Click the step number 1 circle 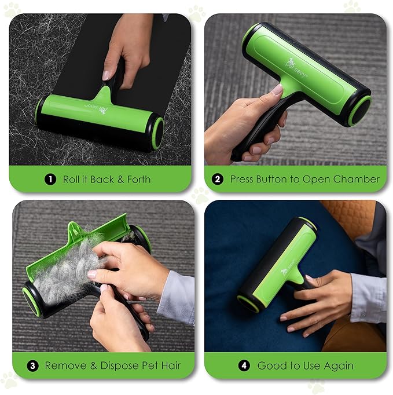[51, 180]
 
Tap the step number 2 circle [218, 180]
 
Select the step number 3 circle [33, 366]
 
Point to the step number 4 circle [245, 366]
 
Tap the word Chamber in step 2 [358, 180]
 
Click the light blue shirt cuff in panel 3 [177, 295]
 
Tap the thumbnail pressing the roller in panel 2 [277, 90]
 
